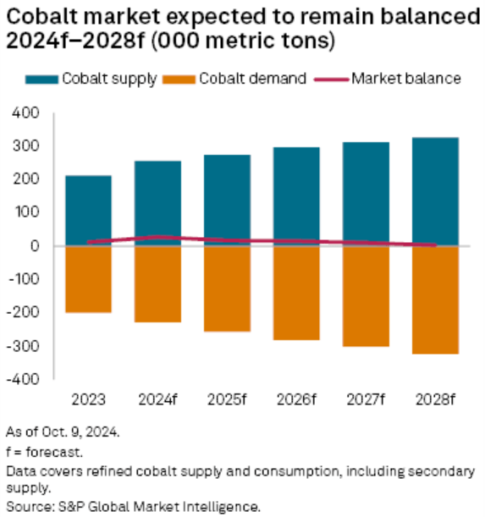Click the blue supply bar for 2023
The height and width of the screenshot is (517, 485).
(88, 211)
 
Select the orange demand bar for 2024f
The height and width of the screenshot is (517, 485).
(157, 284)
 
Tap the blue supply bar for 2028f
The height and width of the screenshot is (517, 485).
(435, 191)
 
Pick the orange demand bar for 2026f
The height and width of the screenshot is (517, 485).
(296, 293)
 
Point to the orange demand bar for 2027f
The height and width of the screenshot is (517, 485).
(366, 296)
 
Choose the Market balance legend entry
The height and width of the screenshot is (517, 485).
(388, 79)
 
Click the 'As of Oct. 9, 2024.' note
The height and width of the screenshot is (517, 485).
(63, 432)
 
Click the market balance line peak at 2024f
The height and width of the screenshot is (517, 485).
(157, 237)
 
